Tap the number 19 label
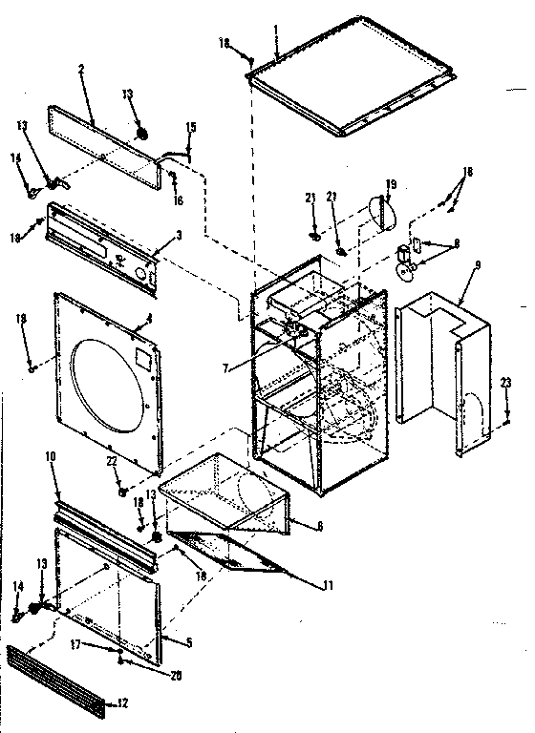tap(391, 183)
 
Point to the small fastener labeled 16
tap(173, 177)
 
